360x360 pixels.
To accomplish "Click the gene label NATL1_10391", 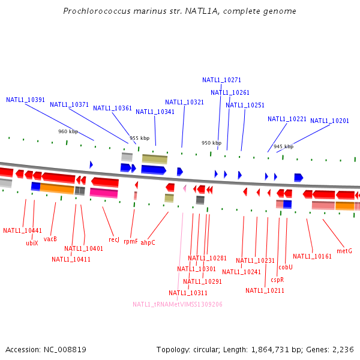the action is point(25,100).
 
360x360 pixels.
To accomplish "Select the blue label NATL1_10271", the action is point(221,80).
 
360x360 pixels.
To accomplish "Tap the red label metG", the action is point(344,251).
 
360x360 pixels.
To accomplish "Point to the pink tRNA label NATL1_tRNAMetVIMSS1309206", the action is point(178,304).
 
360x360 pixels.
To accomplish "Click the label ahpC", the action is point(148,242).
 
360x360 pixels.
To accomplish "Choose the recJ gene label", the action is point(114,239).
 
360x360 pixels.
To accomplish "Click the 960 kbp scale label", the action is point(68,131).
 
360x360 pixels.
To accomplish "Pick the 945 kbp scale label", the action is point(284,146).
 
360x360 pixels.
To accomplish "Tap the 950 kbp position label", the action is point(211,143).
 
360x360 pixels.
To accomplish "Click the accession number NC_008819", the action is point(65,350).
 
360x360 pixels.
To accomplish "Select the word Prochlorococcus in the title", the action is point(97,11).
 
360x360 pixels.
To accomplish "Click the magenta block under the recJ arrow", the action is point(104,193).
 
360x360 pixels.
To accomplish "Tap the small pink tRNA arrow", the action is point(185,188).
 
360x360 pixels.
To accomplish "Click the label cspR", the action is point(277,280).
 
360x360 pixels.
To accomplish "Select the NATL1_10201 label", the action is point(329,121).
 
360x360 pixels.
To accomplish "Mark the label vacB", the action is point(50,239).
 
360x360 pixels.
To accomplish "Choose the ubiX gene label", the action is point(32,243).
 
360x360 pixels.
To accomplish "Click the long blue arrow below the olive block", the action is point(154,170).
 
